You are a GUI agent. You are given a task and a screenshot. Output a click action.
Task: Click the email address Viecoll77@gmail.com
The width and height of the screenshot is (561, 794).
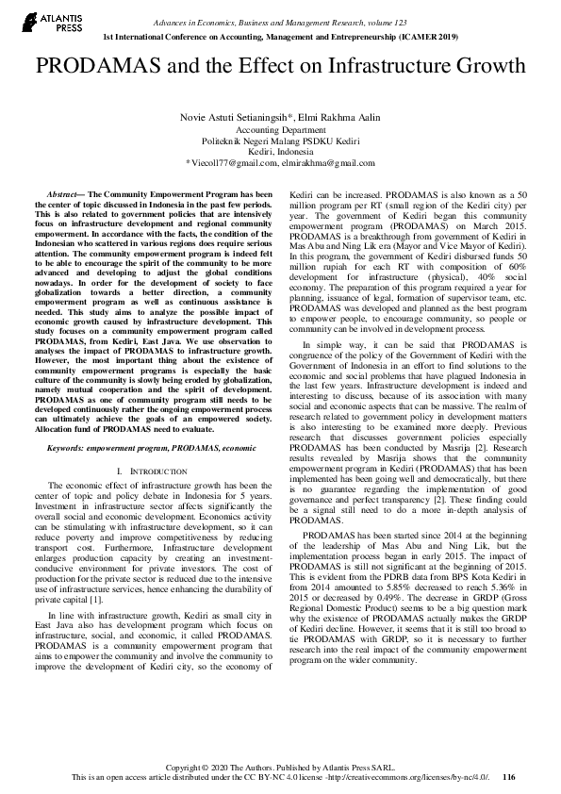click(x=227, y=163)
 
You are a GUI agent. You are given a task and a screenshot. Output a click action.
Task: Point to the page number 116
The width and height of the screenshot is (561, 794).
click(x=509, y=778)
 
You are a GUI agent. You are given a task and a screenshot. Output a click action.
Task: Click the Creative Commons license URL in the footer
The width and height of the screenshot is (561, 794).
click(x=410, y=778)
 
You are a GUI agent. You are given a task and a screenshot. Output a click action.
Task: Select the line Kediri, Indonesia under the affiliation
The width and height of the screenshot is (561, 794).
click(x=280, y=151)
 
